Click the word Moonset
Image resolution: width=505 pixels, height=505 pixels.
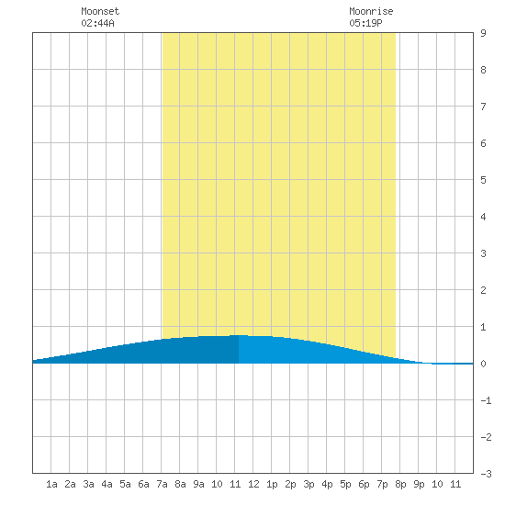pos(100,11)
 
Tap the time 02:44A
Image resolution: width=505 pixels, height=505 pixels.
pos(97,23)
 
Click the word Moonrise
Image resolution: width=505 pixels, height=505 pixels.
pos(371,11)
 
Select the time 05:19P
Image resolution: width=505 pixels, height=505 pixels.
pos(365,23)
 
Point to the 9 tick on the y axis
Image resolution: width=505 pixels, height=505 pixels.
pos(483,33)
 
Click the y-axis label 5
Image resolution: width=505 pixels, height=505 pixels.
pos(483,180)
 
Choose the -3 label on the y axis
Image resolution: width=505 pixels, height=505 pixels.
pos(486,474)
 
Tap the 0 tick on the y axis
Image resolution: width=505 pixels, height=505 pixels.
pos(483,364)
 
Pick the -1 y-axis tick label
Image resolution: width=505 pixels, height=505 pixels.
pos(486,400)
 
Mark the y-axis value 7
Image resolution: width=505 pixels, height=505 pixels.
pos(483,107)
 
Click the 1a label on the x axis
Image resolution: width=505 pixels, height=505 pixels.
pos(51,484)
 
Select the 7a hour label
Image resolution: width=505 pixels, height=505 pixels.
pos(162,484)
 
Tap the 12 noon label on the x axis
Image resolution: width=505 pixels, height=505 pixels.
pos(253,484)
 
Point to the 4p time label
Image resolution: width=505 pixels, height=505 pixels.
pos(327,484)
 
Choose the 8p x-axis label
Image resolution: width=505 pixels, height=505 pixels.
pos(400,484)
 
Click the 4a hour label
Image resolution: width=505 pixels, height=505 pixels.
pos(107,484)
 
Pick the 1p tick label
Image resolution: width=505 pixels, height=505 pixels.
pos(272,484)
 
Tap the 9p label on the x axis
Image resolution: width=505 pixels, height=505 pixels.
pos(419,484)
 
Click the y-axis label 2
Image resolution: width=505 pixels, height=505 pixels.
pos(483,290)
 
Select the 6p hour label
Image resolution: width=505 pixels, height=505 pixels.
pos(364,484)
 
